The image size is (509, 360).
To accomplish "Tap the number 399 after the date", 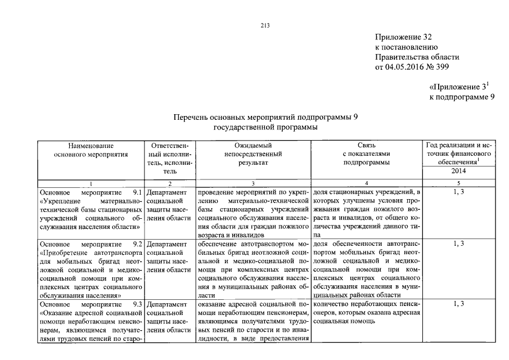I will (442, 67).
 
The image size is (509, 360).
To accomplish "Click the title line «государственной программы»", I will (265, 127).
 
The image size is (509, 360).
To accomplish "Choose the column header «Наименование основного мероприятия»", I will (91, 150).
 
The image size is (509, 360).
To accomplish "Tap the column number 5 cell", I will (460, 183).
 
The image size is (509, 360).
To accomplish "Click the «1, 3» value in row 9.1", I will (460, 192).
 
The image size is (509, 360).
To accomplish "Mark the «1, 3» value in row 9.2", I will (460, 244).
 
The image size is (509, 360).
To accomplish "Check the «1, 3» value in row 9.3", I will (460, 304).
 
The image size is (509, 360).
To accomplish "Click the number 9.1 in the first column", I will (134, 192).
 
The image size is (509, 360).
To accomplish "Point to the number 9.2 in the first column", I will (134, 244).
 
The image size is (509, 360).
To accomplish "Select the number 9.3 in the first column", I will (134, 304).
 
